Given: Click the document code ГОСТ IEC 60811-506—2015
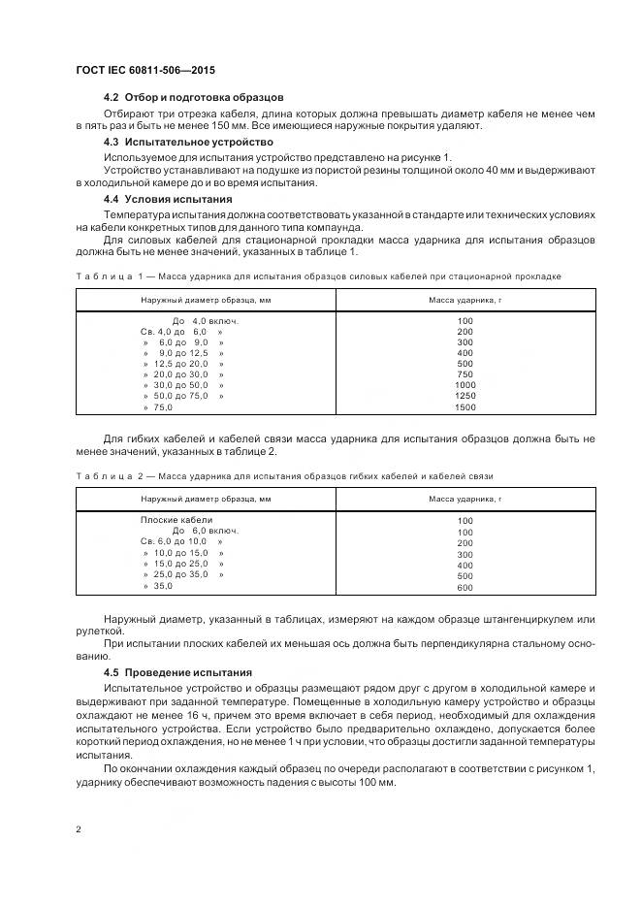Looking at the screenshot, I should (x=145, y=71).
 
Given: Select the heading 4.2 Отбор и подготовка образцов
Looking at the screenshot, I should (x=193, y=98).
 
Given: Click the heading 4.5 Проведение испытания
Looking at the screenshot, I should (x=177, y=672).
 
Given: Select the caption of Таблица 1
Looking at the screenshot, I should (x=318, y=276).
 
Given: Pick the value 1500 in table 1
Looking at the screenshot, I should (x=465, y=406).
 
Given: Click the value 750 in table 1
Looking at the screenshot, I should (x=465, y=374).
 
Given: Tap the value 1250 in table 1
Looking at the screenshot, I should (x=465, y=396).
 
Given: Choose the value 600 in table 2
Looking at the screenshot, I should (x=465, y=588).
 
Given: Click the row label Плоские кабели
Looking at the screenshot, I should (x=176, y=520).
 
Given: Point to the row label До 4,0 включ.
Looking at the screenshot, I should (x=205, y=320).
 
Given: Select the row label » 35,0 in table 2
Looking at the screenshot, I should (x=158, y=586).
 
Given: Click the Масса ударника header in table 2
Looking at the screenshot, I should (x=465, y=499).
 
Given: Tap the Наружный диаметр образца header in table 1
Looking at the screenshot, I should (x=205, y=300).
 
